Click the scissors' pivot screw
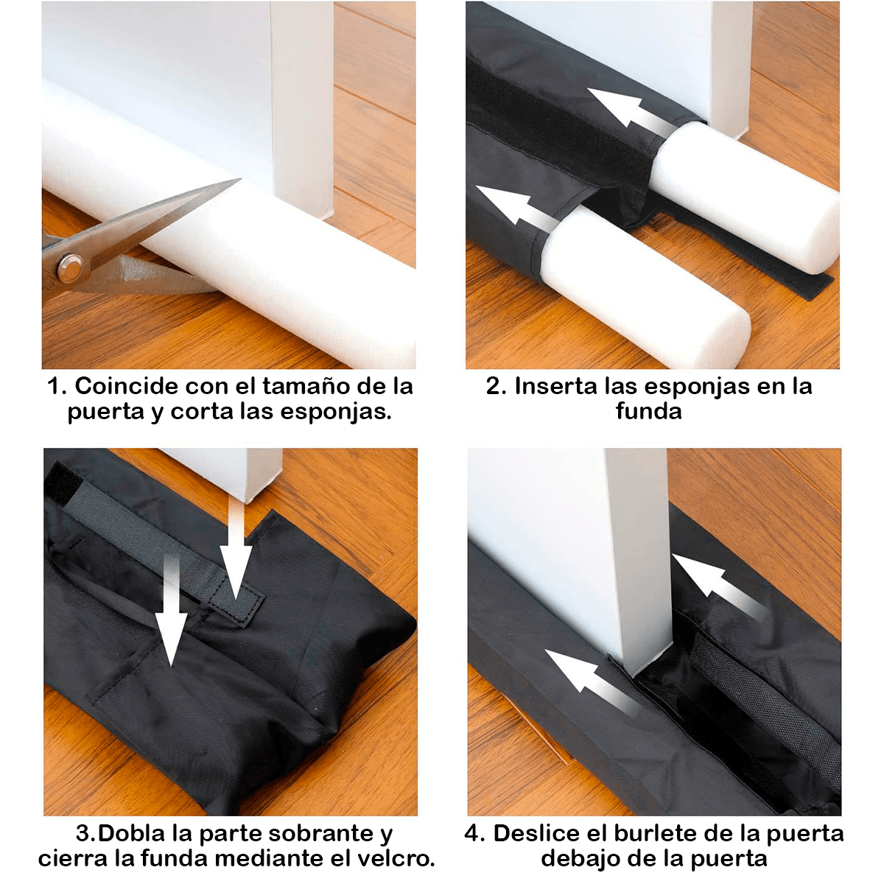tap(69, 267)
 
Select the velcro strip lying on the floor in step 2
tap(803, 284)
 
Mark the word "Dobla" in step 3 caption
tap(131, 834)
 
